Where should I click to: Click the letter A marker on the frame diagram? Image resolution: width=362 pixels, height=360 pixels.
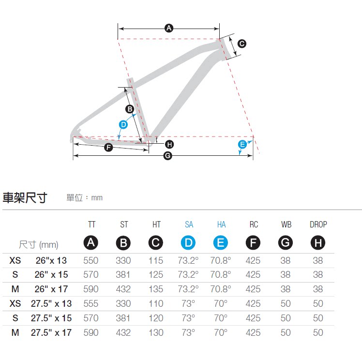pos(169,28)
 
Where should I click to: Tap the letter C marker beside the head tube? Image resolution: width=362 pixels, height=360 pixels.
pos(242,44)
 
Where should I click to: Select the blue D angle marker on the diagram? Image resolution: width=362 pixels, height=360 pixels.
pos(123,124)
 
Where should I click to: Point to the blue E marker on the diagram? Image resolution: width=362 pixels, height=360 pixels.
pos(242,144)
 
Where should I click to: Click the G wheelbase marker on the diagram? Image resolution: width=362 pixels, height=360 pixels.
pos(168,155)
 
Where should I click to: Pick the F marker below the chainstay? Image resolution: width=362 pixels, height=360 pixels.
pos(108,147)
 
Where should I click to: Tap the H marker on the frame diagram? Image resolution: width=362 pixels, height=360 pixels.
pos(169,144)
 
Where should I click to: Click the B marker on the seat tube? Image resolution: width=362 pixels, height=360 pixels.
pos(129,109)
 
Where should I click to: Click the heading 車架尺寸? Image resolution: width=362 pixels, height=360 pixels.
pos(25,197)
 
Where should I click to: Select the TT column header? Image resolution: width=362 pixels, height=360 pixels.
pos(91,225)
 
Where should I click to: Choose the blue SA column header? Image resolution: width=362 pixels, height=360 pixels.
pos(189,225)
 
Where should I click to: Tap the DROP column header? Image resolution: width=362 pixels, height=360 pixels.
pos(318,225)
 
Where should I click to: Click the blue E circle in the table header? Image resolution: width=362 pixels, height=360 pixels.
pos(221,243)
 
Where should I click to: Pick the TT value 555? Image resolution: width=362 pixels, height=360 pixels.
pos(91,303)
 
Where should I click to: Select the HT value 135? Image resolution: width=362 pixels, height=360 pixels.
pos(156,289)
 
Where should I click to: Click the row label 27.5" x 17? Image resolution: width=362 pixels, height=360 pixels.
pos(51,332)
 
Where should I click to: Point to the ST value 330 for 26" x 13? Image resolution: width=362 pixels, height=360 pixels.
pos(123,260)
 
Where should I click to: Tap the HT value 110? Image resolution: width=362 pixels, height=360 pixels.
pos(156,303)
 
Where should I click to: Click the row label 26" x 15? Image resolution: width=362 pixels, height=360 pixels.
pos(51,274)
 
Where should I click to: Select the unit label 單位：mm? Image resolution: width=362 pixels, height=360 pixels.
pos(85,197)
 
